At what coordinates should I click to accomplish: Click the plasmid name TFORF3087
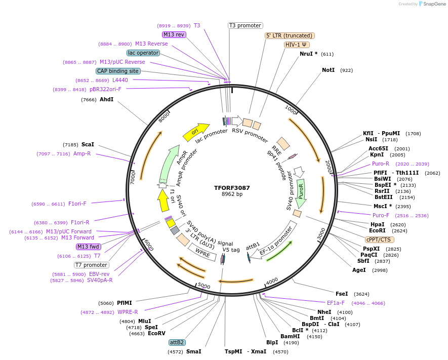tap(232, 187)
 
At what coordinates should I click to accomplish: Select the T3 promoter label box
tap(245, 25)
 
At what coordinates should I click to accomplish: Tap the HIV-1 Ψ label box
tap(297, 45)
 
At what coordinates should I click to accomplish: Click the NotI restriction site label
tap(328, 70)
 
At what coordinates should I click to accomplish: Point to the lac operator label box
tap(143, 53)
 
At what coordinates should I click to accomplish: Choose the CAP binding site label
tap(118, 71)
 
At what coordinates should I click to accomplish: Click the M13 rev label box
tap(174, 34)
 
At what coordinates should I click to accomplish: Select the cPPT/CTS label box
tap(379, 239)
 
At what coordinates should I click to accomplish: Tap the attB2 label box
tap(177, 342)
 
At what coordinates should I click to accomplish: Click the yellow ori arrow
tap(196, 131)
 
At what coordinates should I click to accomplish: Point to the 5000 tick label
tap(203, 286)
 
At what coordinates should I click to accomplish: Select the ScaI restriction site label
tap(88, 144)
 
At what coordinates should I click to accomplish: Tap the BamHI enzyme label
tap(290, 336)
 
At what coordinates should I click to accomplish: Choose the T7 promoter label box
tap(92, 265)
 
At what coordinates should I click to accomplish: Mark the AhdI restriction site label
tap(106, 100)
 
